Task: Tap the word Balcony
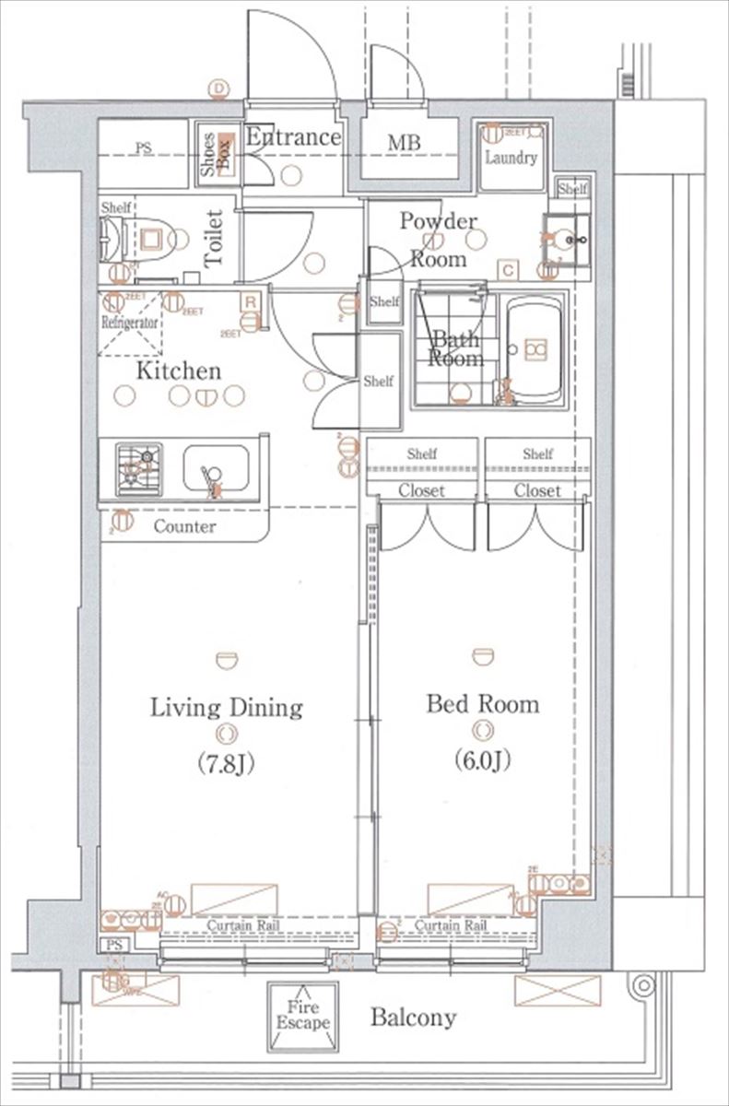click(x=413, y=1018)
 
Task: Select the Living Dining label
click(x=227, y=708)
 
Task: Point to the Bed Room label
click(x=482, y=704)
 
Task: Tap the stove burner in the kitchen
click(x=139, y=468)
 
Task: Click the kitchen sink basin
click(x=216, y=469)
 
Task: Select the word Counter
click(x=184, y=527)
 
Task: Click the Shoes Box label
click(x=217, y=154)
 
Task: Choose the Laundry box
click(x=511, y=155)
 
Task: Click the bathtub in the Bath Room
click(x=535, y=348)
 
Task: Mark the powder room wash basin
click(x=566, y=240)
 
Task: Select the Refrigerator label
click(x=130, y=323)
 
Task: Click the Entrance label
click(x=293, y=137)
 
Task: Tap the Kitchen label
click(x=179, y=371)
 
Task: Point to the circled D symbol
click(x=218, y=88)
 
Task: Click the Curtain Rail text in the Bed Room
click(x=451, y=924)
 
